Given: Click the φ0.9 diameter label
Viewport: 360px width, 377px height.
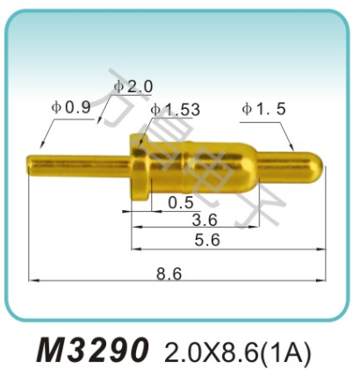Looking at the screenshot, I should click(x=71, y=107).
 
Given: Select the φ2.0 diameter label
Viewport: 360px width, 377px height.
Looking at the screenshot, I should click(x=133, y=87).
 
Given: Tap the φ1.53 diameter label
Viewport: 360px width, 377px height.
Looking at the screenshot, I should click(x=175, y=110).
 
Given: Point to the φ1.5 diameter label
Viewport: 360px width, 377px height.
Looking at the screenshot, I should click(x=264, y=109).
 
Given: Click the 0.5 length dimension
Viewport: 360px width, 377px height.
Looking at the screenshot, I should click(x=181, y=203).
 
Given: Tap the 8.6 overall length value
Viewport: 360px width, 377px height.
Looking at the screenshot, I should click(x=169, y=273).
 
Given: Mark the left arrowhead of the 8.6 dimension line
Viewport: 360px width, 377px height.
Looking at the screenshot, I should click(x=33, y=281).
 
